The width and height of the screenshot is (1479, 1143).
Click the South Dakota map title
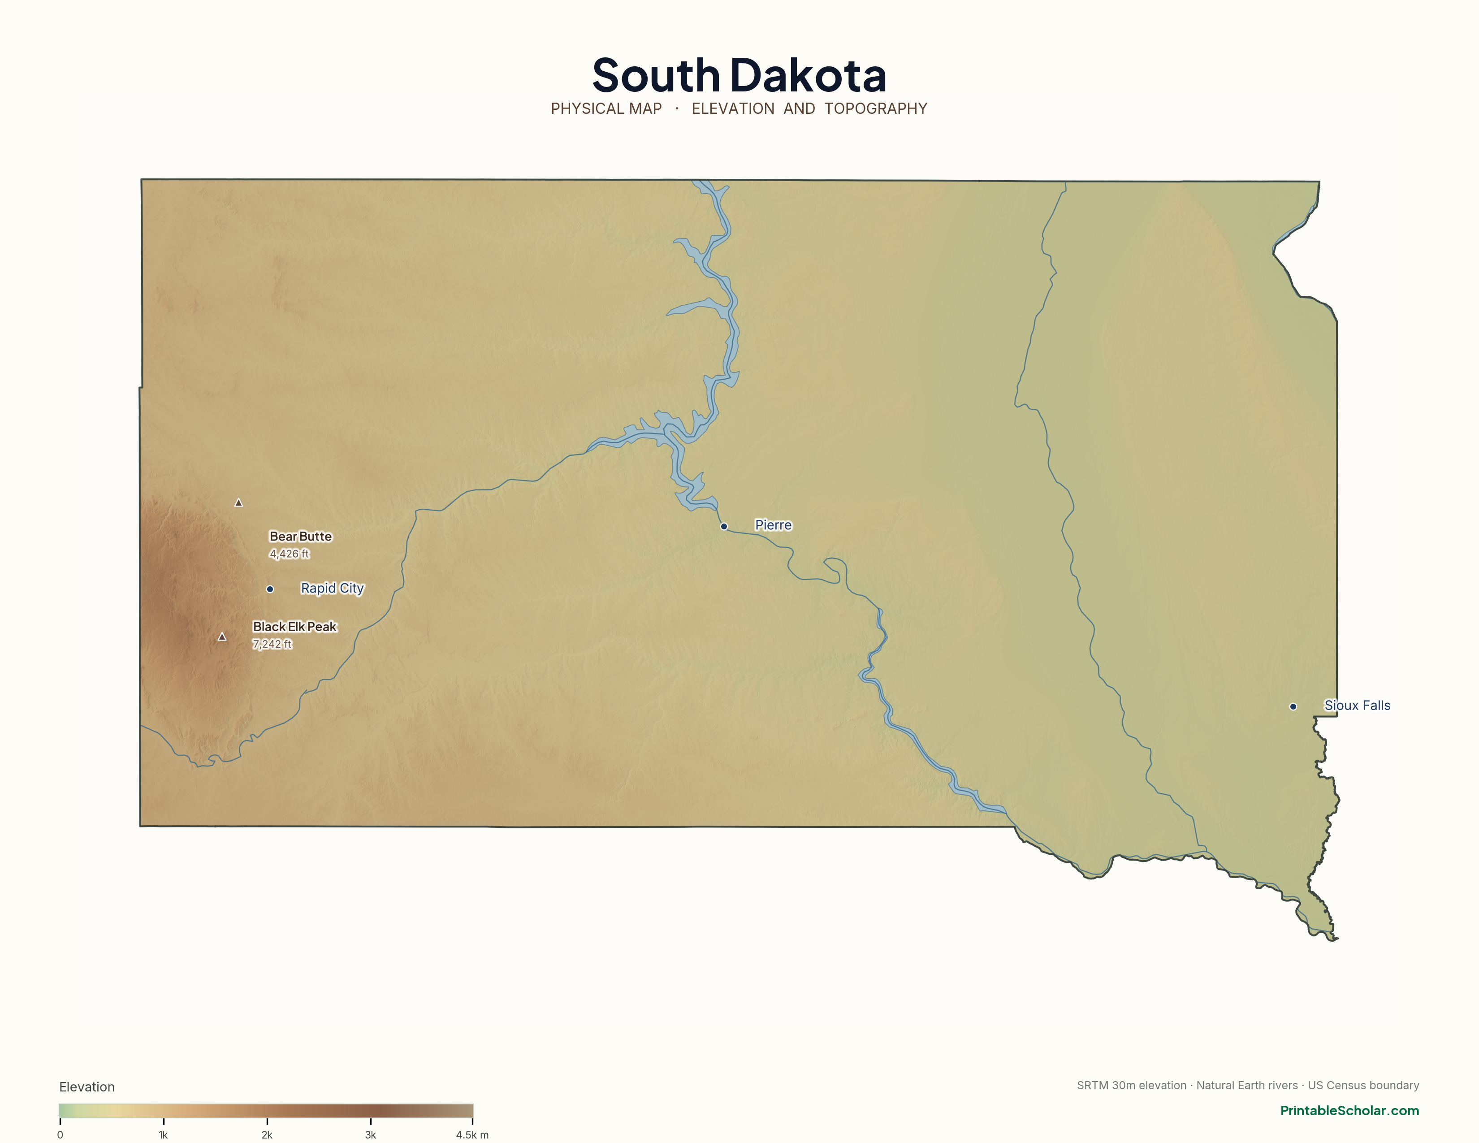click(x=739, y=75)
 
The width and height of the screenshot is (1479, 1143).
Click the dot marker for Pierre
click(x=724, y=526)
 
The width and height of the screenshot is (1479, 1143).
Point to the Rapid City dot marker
click(x=269, y=589)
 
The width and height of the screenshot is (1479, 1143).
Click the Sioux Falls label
click(x=1357, y=705)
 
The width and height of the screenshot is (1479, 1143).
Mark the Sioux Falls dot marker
click(x=1293, y=706)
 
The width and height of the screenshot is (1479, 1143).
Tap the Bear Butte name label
click(x=301, y=536)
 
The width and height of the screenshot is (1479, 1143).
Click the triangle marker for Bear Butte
click(x=238, y=502)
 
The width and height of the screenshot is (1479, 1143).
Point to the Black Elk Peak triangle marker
click(x=221, y=636)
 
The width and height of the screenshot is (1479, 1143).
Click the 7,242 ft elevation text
click(x=272, y=644)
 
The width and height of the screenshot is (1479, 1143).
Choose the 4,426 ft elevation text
click(x=289, y=554)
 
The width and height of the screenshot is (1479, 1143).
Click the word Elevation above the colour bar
click(x=86, y=1087)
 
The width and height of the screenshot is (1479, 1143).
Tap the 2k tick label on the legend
click(x=267, y=1135)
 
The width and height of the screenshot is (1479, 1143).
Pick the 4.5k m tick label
click(x=472, y=1135)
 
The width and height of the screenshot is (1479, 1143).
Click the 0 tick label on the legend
click(x=60, y=1135)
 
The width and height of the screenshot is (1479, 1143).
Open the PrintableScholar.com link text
click(x=1349, y=1110)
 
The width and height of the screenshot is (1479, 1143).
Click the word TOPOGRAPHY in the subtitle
click(x=876, y=108)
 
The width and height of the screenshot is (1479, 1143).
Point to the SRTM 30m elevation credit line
click(x=1247, y=1086)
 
